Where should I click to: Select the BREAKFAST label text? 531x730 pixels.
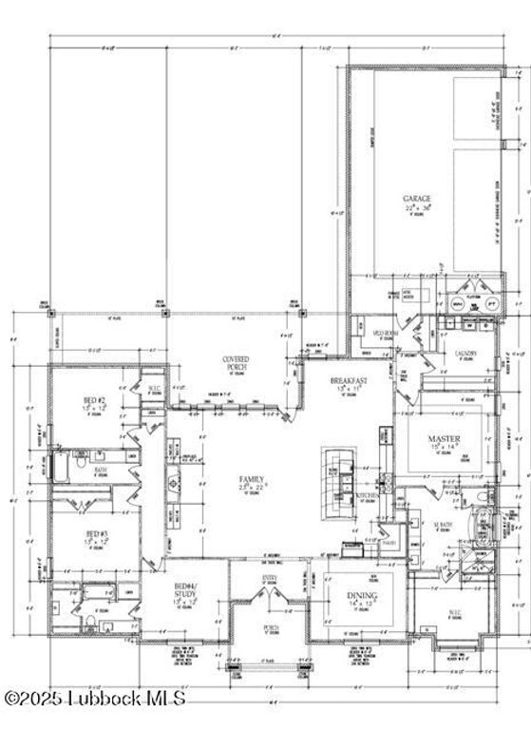[x=348, y=380]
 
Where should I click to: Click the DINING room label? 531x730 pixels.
[x=361, y=595]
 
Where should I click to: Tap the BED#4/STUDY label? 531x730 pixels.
[x=184, y=594]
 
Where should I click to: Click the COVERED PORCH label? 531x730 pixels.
[x=235, y=362]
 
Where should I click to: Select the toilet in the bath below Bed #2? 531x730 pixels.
[x=88, y=622]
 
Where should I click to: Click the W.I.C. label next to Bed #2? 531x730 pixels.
[x=154, y=386]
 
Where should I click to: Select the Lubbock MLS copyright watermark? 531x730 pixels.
[x=94, y=699]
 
